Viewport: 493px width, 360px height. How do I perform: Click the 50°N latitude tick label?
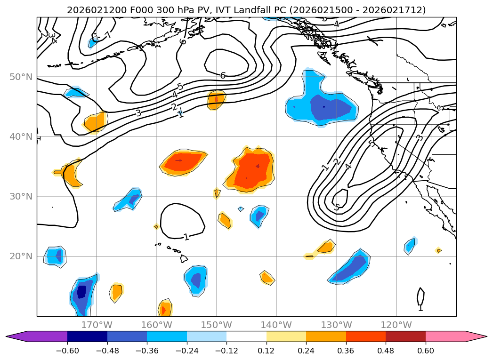pos(21,77)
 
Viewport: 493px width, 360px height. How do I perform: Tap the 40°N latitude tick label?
pos(21,136)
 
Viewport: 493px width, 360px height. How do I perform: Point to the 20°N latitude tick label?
pos(21,256)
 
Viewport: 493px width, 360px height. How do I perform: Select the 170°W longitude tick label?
pos(97,325)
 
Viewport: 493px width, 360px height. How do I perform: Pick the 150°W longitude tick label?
pos(217,325)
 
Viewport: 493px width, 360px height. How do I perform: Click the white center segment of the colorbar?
pos(246,336)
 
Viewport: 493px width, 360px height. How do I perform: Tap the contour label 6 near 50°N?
pos(223,75)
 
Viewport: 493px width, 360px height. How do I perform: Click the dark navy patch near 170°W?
pos(82,292)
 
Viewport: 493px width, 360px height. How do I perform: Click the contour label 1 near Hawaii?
pos(186,237)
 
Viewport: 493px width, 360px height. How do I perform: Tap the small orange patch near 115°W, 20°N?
pos(438,250)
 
